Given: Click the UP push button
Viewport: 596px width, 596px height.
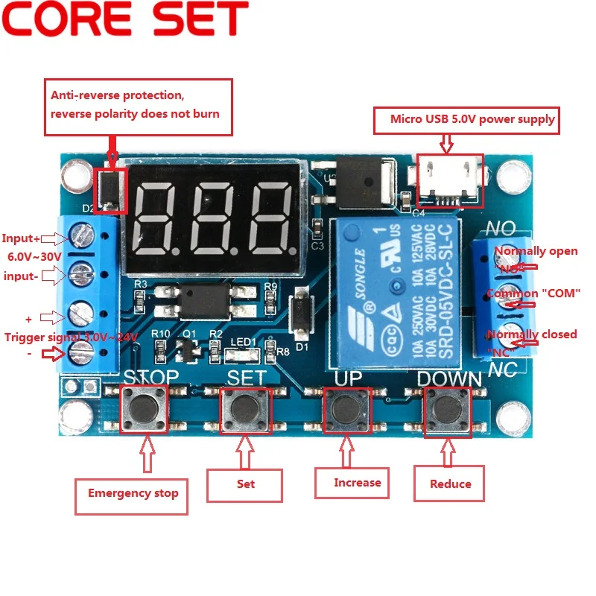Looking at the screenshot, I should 346,407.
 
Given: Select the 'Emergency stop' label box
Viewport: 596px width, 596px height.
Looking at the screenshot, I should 132,492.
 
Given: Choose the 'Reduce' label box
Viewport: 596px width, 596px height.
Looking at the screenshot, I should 451,484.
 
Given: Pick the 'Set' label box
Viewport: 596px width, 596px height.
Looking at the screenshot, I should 245,484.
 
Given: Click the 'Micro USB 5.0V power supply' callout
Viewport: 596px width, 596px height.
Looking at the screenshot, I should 472,118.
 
